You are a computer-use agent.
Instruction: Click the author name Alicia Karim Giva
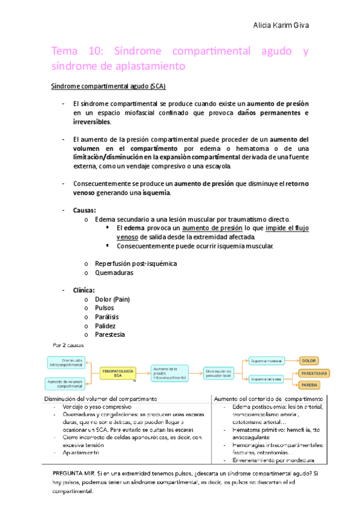[282, 26]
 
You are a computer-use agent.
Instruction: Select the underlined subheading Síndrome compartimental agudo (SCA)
[103, 86]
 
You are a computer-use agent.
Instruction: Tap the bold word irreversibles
[92, 121]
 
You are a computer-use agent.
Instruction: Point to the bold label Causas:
[85, 210]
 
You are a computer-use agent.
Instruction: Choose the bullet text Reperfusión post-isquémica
[136, 263]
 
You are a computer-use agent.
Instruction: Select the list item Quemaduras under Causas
[114, 272]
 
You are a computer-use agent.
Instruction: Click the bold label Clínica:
[84, 290]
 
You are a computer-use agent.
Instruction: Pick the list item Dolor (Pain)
[112, 299]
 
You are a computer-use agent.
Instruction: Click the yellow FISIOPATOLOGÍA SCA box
[117, 373]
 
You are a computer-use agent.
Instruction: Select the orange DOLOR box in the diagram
[308, 360]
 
